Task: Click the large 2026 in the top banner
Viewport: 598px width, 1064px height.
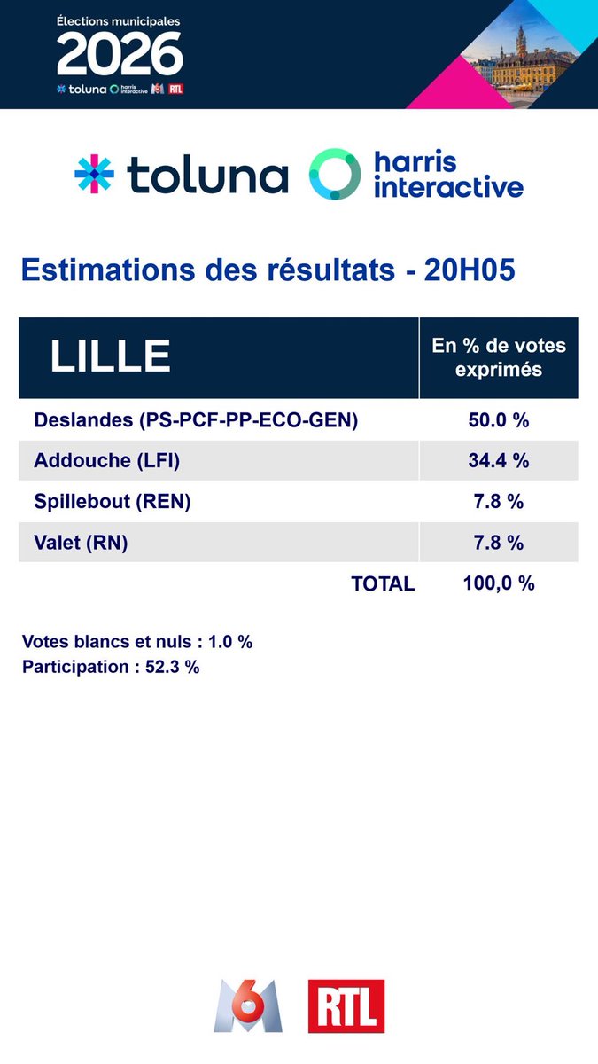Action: [120, 56]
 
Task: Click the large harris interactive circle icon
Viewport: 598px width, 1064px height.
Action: [335, 174]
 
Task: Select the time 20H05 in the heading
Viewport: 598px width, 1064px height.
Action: [469, 270]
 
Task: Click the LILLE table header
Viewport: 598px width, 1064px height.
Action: [110, 356]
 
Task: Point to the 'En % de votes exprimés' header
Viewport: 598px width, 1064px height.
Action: [498, 357]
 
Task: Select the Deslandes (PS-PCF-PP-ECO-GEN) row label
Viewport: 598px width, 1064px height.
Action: [196, 420]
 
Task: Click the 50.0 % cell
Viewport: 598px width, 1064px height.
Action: [498, 420]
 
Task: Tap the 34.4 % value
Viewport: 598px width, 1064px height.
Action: [498, 460]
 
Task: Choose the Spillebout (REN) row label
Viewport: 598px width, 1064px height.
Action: [113, 501]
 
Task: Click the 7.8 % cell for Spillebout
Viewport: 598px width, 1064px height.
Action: [498, 501]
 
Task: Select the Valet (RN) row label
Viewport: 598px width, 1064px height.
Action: [81, 542]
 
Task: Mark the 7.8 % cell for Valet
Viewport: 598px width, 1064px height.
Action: [498, 542]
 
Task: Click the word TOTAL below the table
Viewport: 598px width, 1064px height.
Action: [383, 583]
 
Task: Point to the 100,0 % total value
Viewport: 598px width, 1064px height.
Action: [498, 583]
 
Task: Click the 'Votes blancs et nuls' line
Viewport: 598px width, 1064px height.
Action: [137, 641]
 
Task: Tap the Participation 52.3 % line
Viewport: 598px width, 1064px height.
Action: [111, 667]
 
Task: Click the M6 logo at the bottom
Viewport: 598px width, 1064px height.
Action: [247, 1006]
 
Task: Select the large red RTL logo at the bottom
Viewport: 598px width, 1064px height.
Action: [346, 1006]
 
